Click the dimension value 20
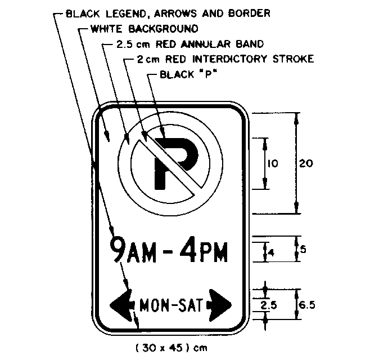306,163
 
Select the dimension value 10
273,164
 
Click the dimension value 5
303,249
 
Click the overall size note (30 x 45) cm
171,348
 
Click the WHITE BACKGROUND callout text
145,28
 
